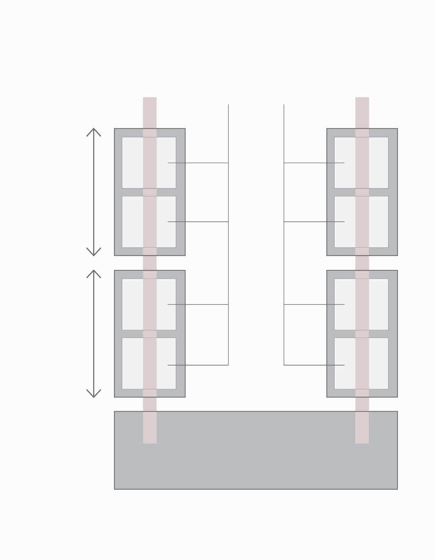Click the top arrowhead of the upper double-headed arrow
pyautogui.click(x=94, y=130)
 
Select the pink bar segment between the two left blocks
pyautogui.click(x=150, y=263)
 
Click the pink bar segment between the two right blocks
pyautogui.click(x=362, y=263)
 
